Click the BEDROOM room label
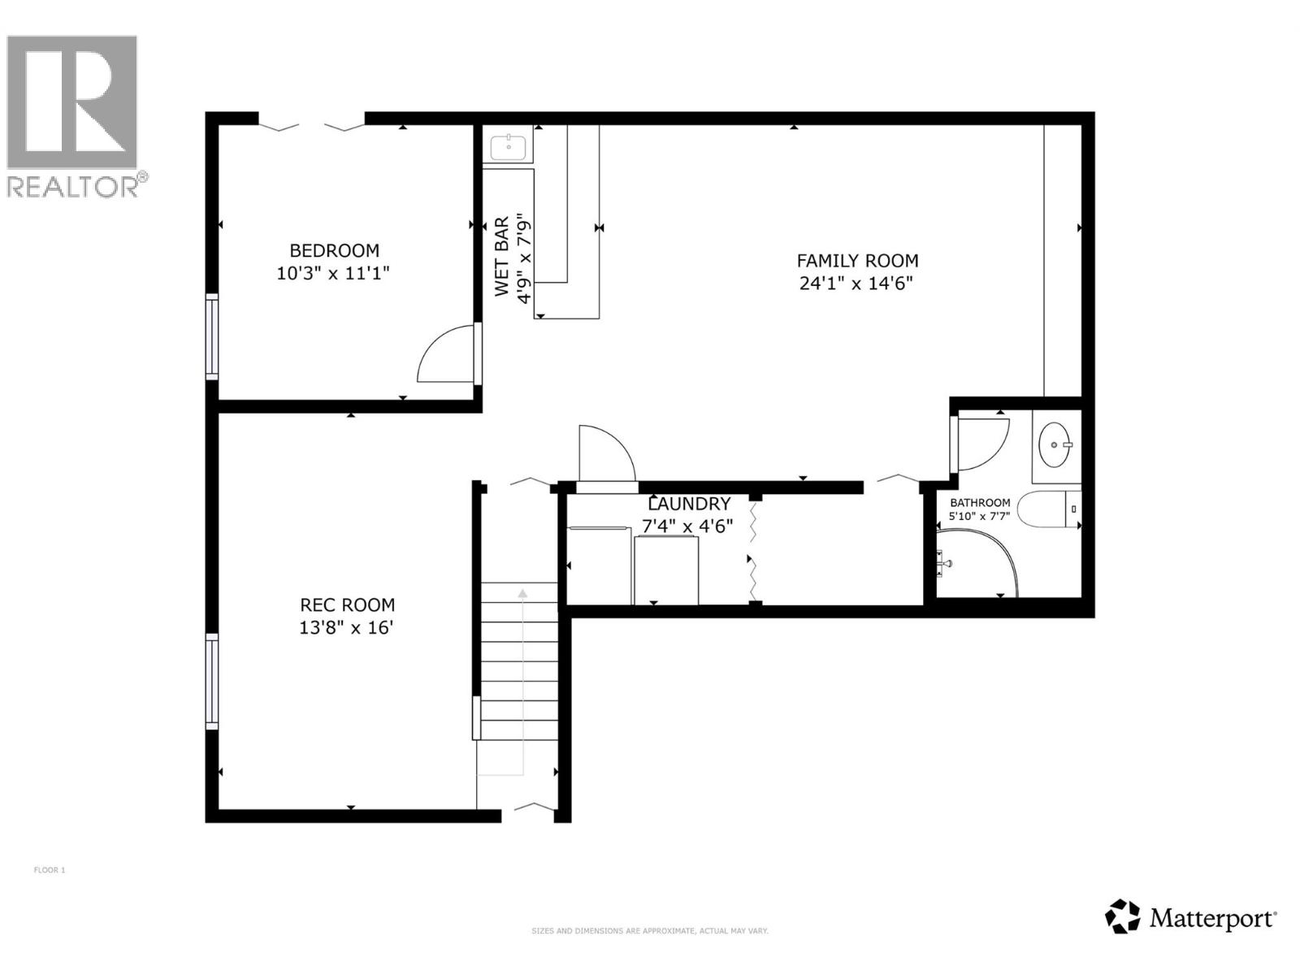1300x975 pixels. pyautogui.click(x=334, y=250)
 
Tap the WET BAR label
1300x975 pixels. pyautogui.click(x=501, y=257)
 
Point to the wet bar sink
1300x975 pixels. pyautogui.click(x=509, y=147)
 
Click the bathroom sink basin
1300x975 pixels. pyautogui.click(x=1055, y=444)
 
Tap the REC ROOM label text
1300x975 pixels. pyautogui.click(x=347, y=604)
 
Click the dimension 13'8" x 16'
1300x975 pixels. pyautogui.click(x=347, y=627)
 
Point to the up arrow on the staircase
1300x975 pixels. pyautogui.click(x=522, y=594)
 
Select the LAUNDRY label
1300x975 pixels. pyautogui.click(x=689, y=504)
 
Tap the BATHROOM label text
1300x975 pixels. pyautogui.click(x=980, y=503)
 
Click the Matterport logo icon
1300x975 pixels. pyautogui.click(x=1122, y=916)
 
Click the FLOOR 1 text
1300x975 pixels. pyautogui.click(x=50, y=870)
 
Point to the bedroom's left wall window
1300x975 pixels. pyautogui.click(x=212, y=337)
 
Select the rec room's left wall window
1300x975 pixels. pyautogui.click(x=212, y=681)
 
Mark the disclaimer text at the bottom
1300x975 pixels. pyautogui.click(x=649, y=931)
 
